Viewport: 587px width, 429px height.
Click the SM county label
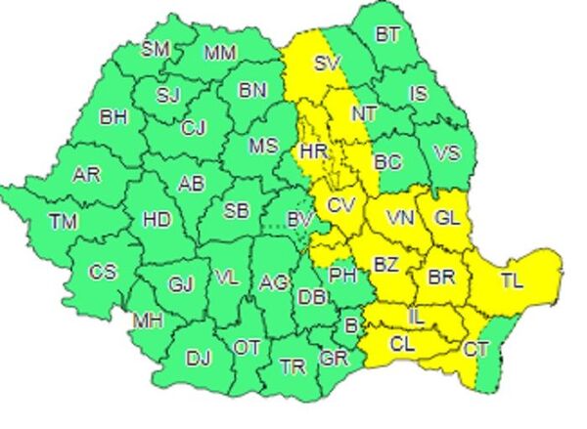156,48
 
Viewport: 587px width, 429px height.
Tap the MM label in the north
219,53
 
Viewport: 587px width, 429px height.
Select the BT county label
388,35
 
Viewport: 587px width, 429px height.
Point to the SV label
325,65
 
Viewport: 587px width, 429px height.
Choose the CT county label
476,349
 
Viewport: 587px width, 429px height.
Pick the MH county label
148,320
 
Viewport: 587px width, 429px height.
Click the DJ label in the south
199,358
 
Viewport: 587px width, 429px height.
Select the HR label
314,151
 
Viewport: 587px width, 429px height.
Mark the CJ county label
194,127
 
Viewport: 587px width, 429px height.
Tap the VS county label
446,153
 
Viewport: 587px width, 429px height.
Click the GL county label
446,217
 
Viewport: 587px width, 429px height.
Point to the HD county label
157,220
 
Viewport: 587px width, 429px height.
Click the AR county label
87,176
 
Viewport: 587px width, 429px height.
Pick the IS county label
419,94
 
